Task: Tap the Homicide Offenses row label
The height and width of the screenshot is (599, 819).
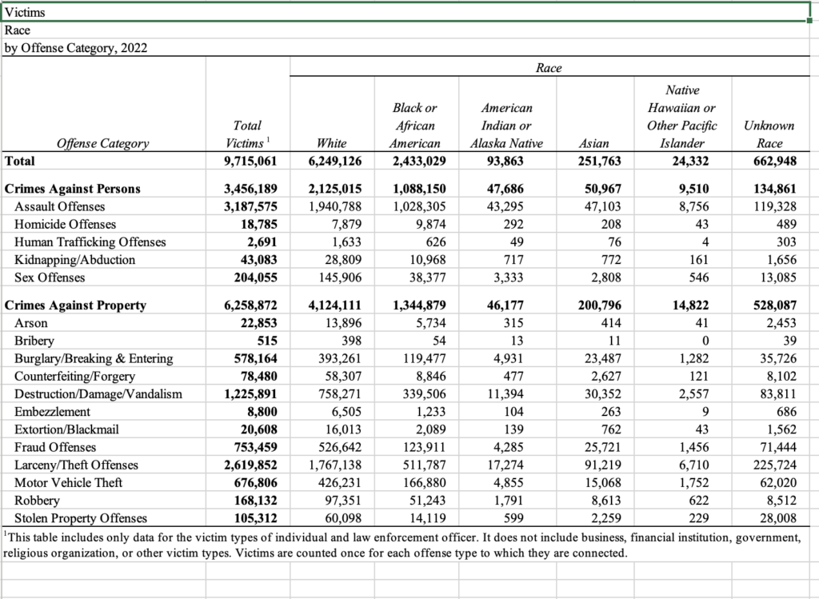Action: click(x=66, y=225)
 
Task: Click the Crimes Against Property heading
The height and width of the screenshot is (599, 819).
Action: click(x=75, y=305)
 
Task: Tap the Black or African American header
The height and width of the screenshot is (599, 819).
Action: click(x=414, y=126)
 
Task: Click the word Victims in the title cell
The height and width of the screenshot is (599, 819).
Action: click(x=25, y=12)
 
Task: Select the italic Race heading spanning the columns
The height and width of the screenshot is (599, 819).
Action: click(x=549, y=69)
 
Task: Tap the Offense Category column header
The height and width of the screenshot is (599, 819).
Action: click(x=102, y=143)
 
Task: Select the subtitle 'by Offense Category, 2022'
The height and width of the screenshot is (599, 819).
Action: click(x=76, y=47)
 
